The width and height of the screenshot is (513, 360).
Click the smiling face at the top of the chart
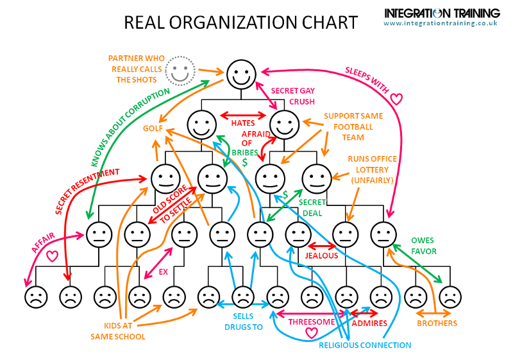click(x=242, y=74)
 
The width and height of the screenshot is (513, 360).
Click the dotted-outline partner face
click(x=180, y=71)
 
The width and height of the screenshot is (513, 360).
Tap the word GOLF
click(x=153, y=128)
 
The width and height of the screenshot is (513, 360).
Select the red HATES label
click(x=243, y=123)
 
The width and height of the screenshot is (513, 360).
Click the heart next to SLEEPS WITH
click(x=396, y=99)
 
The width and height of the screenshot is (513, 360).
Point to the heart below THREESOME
click(x=311, y=333)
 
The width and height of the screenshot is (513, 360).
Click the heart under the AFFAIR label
click(x=52, y=256)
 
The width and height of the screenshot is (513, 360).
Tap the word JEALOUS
click(x=321, y=255)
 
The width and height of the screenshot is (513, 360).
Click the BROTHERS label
click(x=437, y=323)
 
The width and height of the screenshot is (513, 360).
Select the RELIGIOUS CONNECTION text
click(x=365, y=345)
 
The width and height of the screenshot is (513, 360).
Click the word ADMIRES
click(x=369, y=323)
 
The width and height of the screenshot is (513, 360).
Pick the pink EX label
click(x=163, y=272)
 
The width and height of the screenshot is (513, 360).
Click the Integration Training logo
click(x=442, y=13)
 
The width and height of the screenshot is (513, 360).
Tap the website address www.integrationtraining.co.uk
click(x=441, y=23)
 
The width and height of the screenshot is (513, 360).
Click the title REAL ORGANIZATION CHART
click(x=241, y=22)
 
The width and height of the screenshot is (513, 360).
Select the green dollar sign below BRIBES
click(x=244, y=162)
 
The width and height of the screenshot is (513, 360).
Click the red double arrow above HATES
click(x=243, y=116)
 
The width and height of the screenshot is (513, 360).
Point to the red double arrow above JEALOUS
click(x=322, y=246)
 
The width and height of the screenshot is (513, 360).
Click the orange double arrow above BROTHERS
click(x=433, y=314)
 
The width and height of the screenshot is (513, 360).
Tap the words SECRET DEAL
click(x=312, y=208)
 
